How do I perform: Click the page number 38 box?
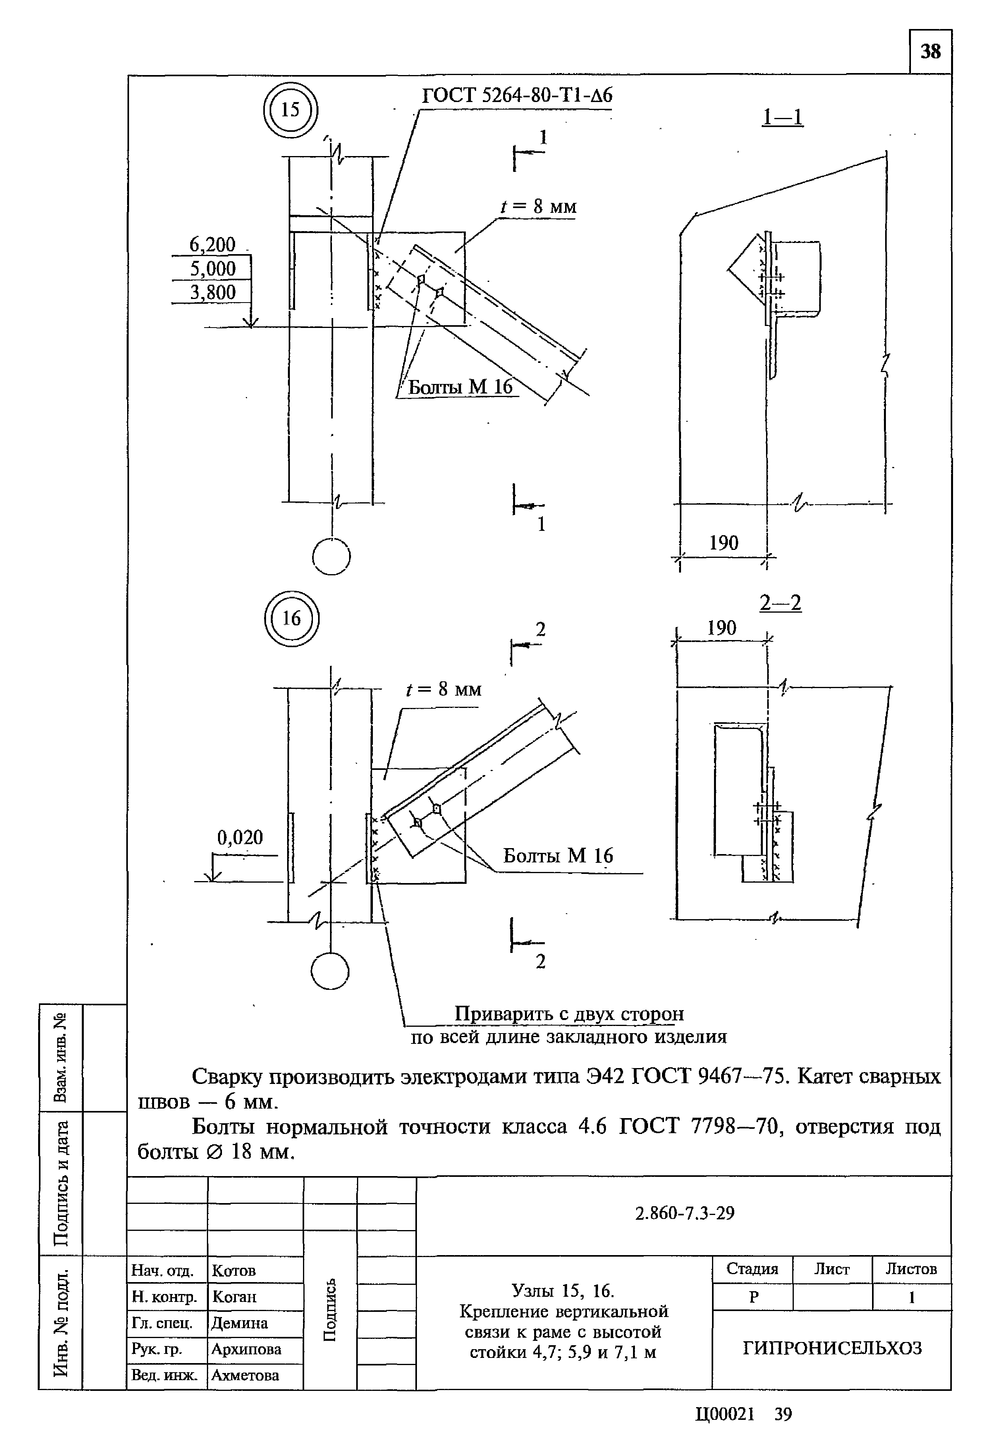pyautogui.click(x=930, y=51)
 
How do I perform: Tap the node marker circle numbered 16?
pyautogui.click(x=291, y=618)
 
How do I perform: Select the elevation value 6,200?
pyautogui.click(x=212, y=245)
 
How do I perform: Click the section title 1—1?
pyautogui.click(x=782, y=117)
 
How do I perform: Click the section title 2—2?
pyautogui.click(x=780, y=603)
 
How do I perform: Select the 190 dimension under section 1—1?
pyautogui.click(x=723, y=542)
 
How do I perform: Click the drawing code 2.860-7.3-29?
pyautogui.click(x=685, y=1213)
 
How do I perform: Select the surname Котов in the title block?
pyautogui.click(x=234, y=1271)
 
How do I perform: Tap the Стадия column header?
pyautogui.click(x=752, y=1269)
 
